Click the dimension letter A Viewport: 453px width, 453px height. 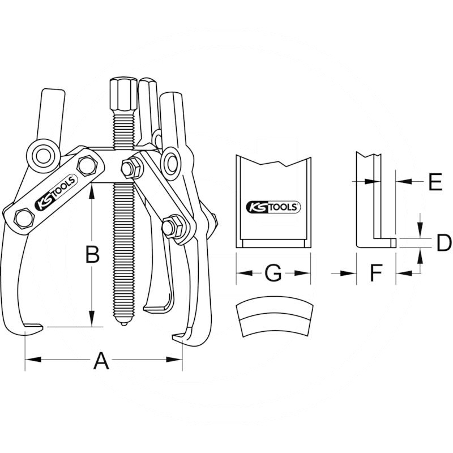[101, 360]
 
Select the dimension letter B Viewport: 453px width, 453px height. [92, 255]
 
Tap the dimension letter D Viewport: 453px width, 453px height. [443, 243]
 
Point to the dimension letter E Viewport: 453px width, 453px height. [434, 182]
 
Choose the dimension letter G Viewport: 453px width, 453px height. [273, 273]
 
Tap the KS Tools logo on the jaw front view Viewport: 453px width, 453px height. [273, 207]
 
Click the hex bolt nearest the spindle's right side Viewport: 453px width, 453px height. [131, 168]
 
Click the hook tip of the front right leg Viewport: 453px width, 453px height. [178, 338]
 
